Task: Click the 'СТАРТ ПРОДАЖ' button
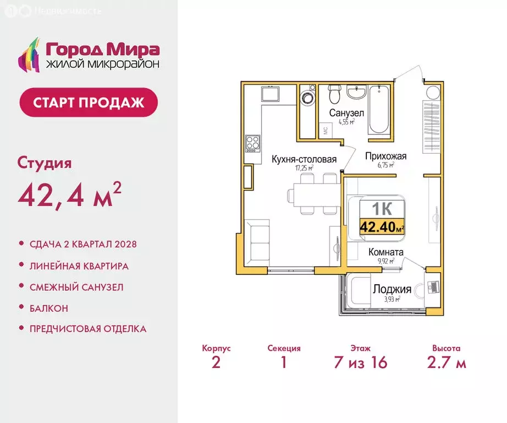click(89, 102)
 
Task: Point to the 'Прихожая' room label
click(385, 156)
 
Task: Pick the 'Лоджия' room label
click(392, 289)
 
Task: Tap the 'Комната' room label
click(385, 252)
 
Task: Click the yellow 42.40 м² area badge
click(382, 226)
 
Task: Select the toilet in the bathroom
click(333, 95)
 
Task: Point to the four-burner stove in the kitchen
click(253, 144)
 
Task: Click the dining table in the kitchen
click(309, 194)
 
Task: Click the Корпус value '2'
click(216, 362)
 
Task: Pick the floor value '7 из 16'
click(360, 362)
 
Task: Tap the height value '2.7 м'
click(446, 362)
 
